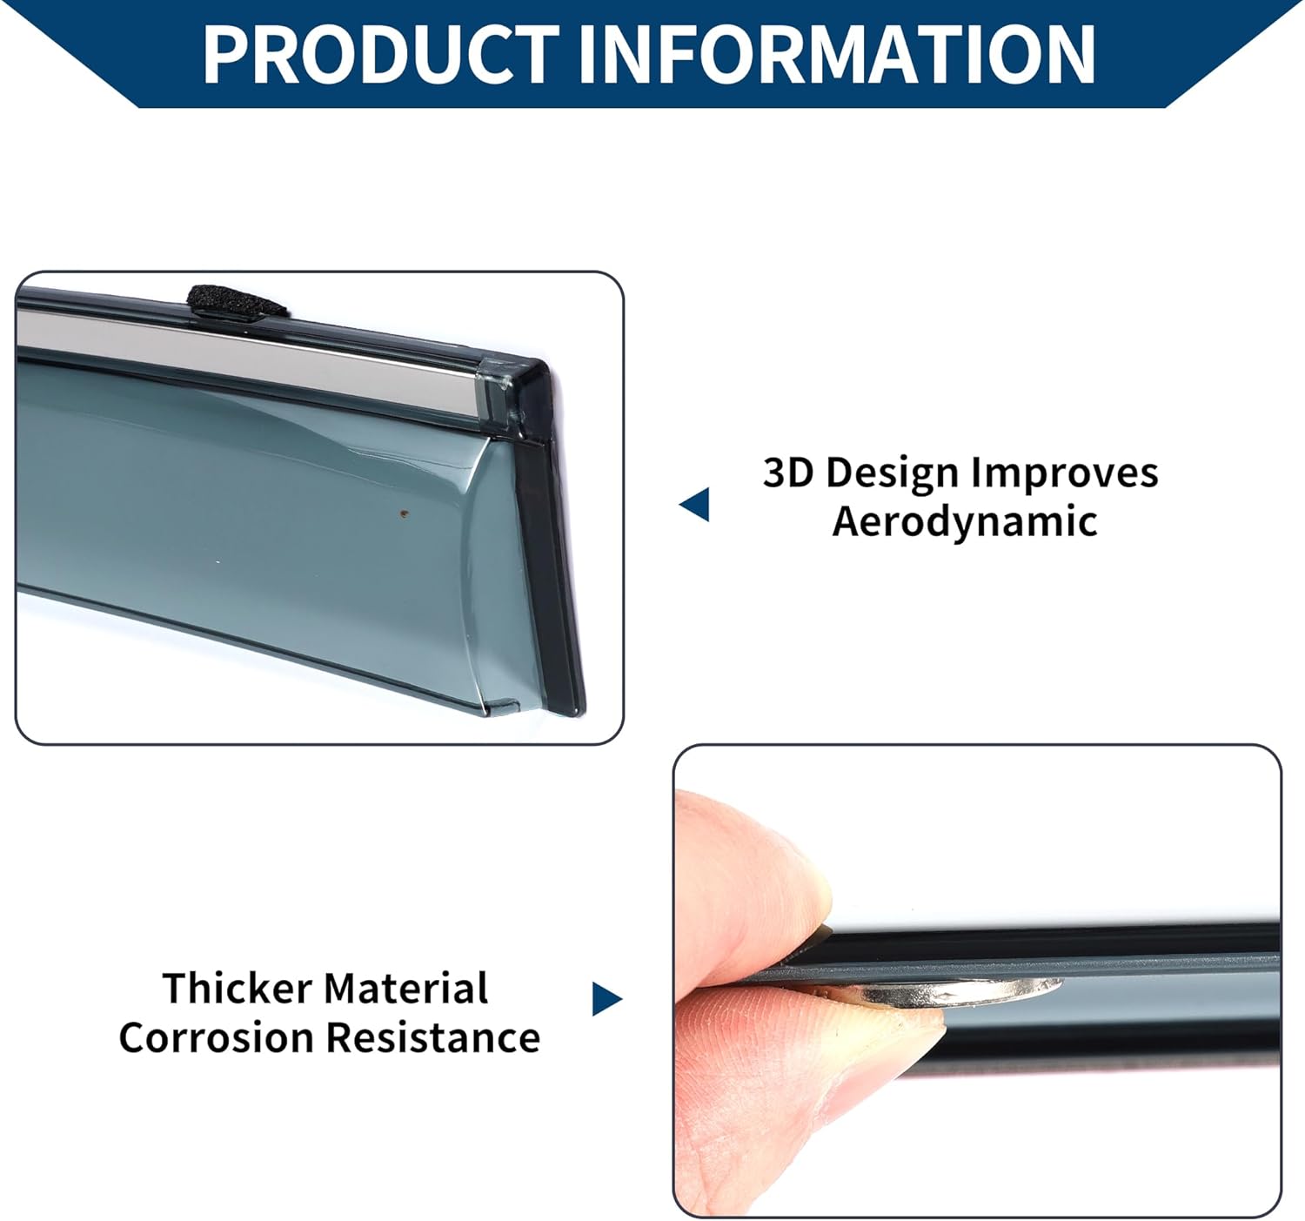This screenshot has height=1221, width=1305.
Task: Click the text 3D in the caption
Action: pos(788,473)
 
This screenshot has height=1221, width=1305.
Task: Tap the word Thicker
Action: pos(237,989)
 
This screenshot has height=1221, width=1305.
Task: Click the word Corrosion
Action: pos(216,1037)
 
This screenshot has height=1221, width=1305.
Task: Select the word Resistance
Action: pos(432,1037)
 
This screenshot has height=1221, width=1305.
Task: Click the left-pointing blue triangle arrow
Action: pos(695,505)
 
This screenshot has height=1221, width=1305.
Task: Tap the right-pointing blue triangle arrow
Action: pos(606,998)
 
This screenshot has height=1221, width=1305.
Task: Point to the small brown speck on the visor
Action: pos(403,514)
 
